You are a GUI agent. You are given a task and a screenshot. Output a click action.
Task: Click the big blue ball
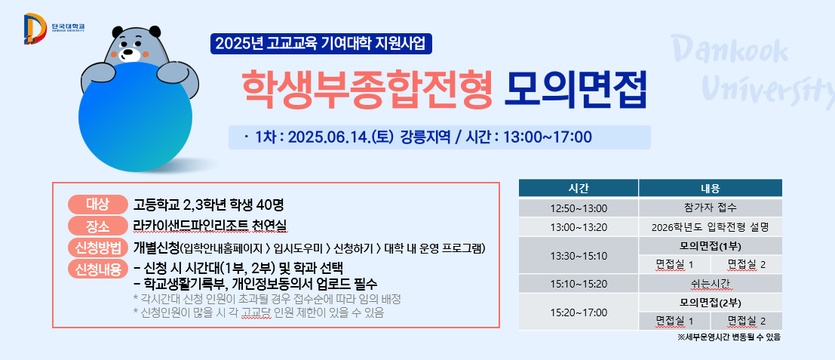pos(135,117)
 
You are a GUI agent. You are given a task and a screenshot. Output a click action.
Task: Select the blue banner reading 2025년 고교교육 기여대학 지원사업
pos(321,44)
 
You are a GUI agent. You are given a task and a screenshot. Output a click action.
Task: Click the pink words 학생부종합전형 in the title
pos(367,89)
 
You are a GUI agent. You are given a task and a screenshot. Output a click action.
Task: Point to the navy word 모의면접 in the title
pos(576,89)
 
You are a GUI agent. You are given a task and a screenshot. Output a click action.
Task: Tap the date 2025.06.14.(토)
pos(340,137)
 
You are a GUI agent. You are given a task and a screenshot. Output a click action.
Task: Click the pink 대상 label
pos(97,204)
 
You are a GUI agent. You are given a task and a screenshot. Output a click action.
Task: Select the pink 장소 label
pos(97,226)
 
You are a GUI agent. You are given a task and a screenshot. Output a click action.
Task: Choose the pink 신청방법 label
pos(97,248)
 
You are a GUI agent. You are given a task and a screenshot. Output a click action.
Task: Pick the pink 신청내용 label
pos(97,269)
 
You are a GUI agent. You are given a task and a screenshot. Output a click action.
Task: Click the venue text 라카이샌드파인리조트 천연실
pos(210,226)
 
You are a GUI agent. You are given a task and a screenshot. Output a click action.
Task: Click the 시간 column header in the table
pos(579,188)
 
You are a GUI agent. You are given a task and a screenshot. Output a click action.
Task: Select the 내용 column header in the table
pos(711,188)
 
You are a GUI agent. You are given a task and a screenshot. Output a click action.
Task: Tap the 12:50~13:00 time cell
pos(579,208)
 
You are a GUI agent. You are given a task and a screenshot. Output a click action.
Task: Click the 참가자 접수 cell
pos(711,208)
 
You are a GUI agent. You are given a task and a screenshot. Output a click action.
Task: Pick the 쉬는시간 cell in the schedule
pos(711,283)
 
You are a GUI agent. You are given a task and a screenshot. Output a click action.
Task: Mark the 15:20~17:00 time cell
pos(579,312)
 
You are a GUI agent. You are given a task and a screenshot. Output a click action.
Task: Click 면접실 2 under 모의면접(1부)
pos(747,265)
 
